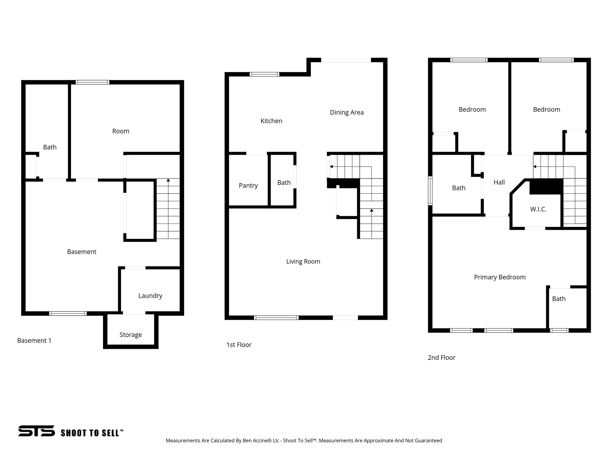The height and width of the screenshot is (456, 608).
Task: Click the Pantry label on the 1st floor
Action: [x=248, y=186]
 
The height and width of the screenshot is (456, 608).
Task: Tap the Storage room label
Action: [x=131, y=335]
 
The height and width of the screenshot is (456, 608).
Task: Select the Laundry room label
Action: [x=150, y=296]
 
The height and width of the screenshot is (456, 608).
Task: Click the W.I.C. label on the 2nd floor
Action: [x=538, y=209]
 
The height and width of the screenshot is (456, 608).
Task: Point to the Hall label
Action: [x=499, y=182]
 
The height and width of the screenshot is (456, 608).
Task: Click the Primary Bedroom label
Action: [x=500, y=277]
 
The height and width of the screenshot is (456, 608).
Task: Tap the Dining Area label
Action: [x=347, y=113]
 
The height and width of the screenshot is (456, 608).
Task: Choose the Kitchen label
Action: [x=271, y=121]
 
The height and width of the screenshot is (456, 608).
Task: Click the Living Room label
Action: [x=303, y=262]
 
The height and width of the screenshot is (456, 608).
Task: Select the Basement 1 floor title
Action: [x=34, y=341]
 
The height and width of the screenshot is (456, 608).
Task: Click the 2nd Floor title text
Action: [x=441, y=357]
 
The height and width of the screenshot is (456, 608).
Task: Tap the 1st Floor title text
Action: [x=239, y=345]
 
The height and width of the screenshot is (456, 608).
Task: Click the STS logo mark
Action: [x=37, y=431]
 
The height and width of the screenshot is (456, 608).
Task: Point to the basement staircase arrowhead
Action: [x=168, y=180]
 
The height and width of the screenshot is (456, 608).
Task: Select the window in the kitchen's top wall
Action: [x=264, y=74]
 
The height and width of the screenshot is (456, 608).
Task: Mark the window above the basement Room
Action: [x=92, y=82]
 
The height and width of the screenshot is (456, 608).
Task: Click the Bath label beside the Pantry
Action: [x=284, y=183]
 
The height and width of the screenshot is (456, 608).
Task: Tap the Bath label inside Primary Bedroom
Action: [x=559, y=299]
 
